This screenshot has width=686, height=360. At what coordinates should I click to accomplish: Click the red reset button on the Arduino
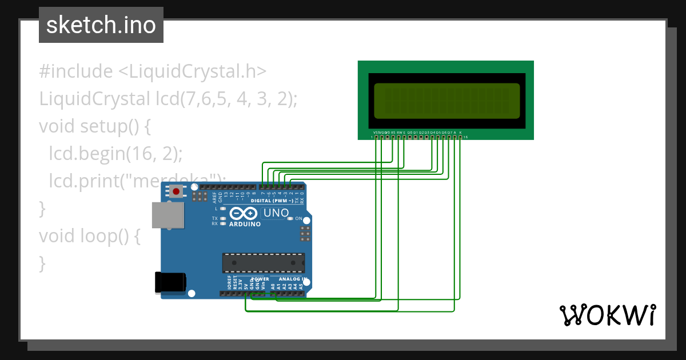coord(176,192)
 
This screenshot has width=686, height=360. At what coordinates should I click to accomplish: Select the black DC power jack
coord(171,282)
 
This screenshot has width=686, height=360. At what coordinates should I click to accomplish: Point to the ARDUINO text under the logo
coord(245,224)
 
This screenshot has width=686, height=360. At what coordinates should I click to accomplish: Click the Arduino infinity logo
coord(244,214)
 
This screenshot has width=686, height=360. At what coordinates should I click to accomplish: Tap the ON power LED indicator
coord(290,219)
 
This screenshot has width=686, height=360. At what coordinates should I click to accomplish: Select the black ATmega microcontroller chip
coord(263,262)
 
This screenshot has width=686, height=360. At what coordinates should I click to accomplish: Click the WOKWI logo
coord(607,314)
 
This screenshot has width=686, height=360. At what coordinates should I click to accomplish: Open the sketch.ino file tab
coord(101,25)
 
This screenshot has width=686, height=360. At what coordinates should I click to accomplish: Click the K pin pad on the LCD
coord(460,137)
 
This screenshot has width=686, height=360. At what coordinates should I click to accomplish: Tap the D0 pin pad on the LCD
coord(409,137)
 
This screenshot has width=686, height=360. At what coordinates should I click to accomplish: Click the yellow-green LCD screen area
coord(447,99)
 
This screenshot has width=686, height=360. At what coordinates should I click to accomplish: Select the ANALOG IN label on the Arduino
coord(293,279)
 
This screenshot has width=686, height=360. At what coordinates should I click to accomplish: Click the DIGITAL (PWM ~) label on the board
coord(272,201)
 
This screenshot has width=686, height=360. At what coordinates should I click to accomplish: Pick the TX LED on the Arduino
coord(222,219)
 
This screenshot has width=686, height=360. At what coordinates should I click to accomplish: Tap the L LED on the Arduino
coord(222,209)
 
